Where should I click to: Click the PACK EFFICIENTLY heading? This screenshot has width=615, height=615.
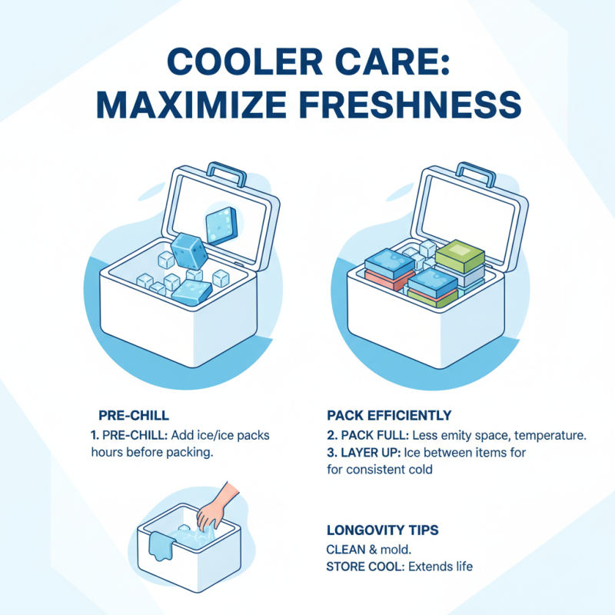click(x=389, y=416)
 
